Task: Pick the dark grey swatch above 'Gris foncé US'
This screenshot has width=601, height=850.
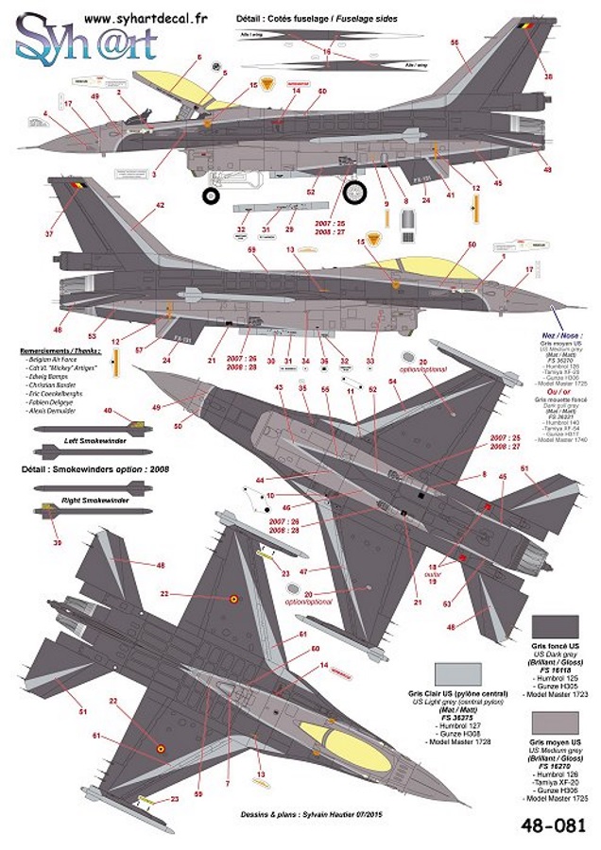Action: coord(556,627)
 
